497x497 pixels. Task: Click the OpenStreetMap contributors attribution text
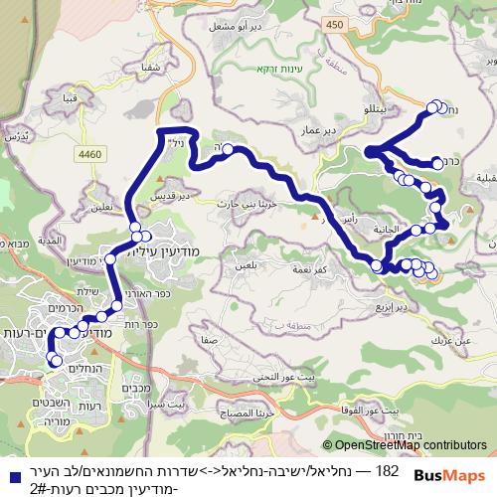click(x=410, y=446)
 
